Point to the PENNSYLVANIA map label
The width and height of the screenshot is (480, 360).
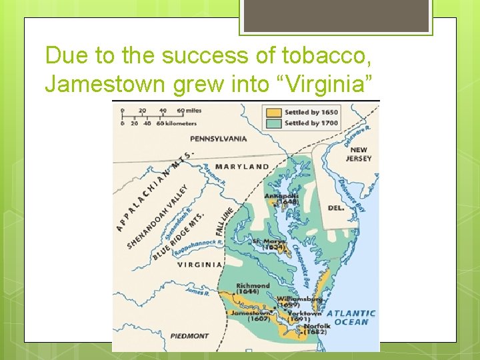click(x=218, y=139)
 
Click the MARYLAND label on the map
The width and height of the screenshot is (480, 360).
click(x=242, y=167)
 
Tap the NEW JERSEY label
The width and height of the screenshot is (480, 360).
click(x=359, y=155)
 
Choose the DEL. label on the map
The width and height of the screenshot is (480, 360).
click(x=336, y=208)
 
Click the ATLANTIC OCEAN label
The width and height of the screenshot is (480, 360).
click(x=351, y=317)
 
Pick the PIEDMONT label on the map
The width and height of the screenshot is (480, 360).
click(x=190, y=336)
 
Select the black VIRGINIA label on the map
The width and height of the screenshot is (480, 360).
click(x=199, y=265)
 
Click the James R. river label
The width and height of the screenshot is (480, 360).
click(x=197, y=291)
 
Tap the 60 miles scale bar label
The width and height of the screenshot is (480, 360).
click(x=190, y=111)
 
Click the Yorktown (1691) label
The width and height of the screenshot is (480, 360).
click(x=304, y=316)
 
